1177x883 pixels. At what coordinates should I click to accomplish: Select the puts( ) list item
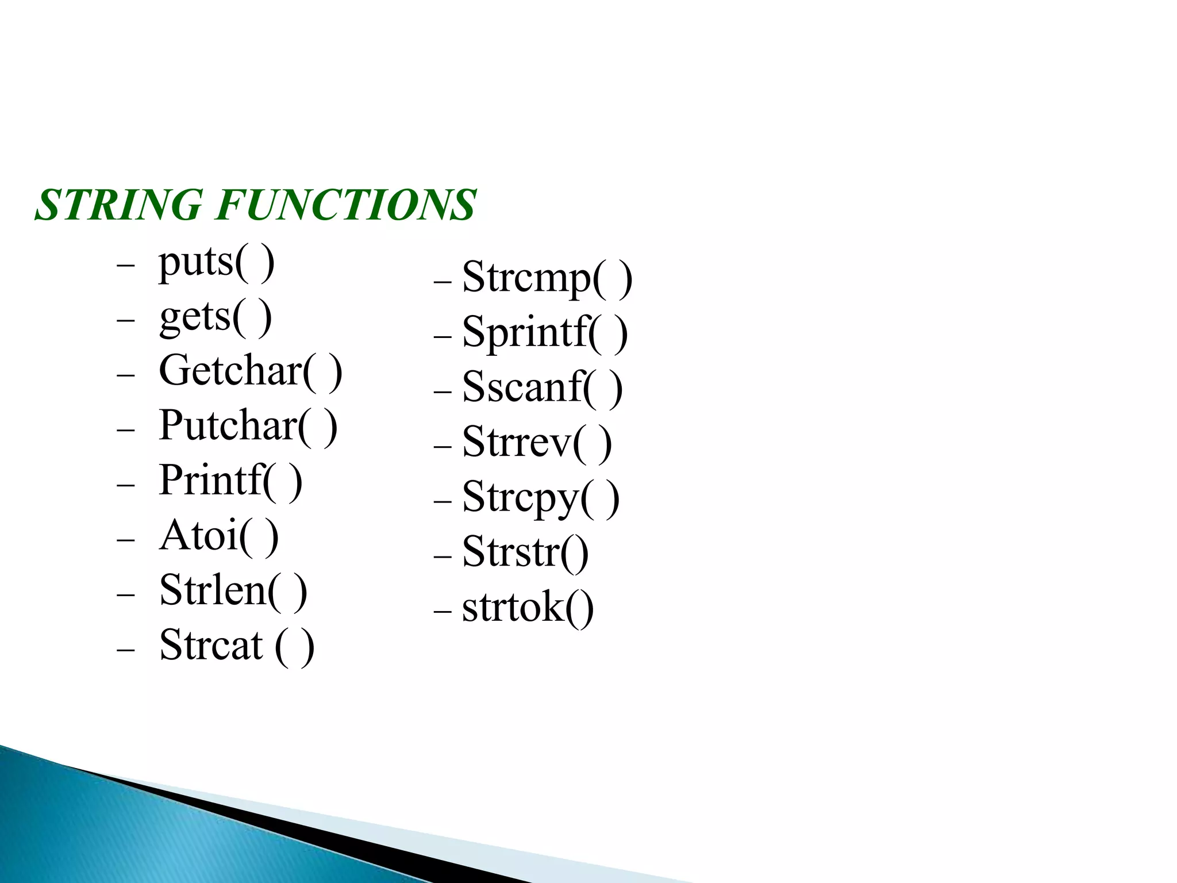[x=216, y=263]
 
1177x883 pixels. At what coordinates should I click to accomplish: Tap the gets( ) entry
[x=215, y=317]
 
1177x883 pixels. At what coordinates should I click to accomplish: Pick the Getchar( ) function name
[x=250, y=371]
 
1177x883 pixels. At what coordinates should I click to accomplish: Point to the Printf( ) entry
[x=230, y=481]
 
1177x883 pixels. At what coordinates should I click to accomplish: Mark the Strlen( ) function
[x=233, y=591]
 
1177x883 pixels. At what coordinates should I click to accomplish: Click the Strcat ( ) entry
[x=236, y=646]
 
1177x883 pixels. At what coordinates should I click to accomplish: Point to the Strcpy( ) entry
[x=540, y=498]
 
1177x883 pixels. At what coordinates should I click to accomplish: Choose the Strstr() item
[x=525, y=552]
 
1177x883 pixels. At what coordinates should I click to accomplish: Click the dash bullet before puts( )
[x=125, y=266]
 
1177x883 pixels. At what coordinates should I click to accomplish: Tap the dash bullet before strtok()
[x=443, y=611]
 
